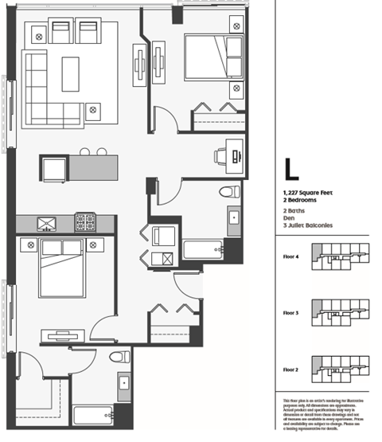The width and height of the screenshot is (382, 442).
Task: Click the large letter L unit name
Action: point(292,170)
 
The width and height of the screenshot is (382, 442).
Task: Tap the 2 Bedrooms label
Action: point(299,201)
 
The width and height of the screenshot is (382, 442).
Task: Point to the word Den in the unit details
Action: point(288,217)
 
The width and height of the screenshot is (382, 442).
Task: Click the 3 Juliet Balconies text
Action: point(307,225)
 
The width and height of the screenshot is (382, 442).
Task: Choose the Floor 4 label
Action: point(291,257)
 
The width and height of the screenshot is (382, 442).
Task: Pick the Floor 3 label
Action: point(291,313)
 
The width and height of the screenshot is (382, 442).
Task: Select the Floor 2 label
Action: point(291,369)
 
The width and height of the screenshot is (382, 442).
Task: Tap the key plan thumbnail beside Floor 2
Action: point(341,369)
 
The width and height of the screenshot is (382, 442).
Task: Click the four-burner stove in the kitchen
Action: point(86,222)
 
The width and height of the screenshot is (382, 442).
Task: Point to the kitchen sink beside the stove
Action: point(47,223)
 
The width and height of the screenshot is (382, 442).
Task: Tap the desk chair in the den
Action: point(221,156)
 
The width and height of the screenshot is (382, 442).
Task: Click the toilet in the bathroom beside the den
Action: point(230,192)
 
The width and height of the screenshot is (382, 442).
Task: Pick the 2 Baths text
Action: point(294,209)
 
